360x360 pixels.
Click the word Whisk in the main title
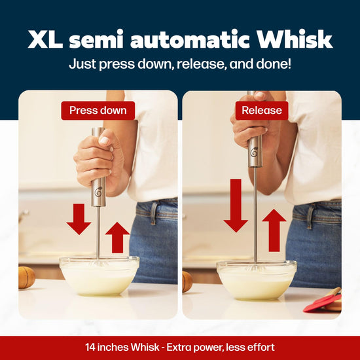pos(295,39)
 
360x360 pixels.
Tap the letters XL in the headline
pos(45,39)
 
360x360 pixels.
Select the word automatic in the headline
pos(190,40)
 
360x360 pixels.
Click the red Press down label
pos(98,111)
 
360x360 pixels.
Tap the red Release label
pos(262,111)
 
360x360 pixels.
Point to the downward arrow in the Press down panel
pos(79,219)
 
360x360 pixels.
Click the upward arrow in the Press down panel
pos(118,238)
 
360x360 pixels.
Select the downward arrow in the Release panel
pos(236,206)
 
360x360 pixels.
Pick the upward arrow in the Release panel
pos(274,230)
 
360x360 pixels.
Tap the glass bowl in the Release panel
pos(257,279)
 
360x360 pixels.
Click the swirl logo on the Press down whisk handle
pos(98,192)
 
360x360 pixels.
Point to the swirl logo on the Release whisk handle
pos(254,153)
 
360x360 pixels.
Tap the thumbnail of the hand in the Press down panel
pos(104,140)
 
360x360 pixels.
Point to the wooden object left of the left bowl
pos(26,278)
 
